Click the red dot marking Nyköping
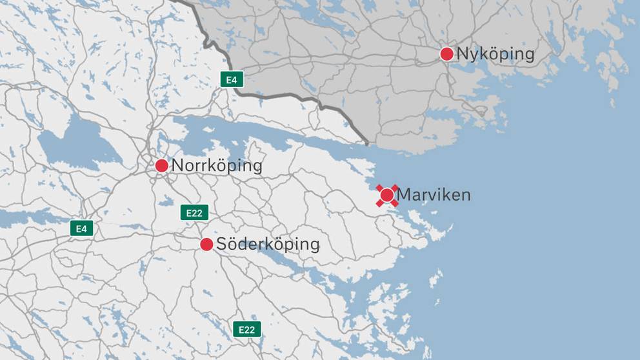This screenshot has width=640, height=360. point(446,54)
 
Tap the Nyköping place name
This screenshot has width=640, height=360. point(495,54)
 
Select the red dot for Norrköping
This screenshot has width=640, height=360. point(162,166)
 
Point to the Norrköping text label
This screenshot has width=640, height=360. point(217,166)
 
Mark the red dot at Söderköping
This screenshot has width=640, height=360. point(206,245)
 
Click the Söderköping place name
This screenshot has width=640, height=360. point(268,245)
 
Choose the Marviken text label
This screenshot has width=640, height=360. point(434,194)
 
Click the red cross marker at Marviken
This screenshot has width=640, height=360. point(387,195)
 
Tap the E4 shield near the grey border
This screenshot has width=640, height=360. point(231,79)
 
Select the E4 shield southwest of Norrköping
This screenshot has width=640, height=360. point(82,228)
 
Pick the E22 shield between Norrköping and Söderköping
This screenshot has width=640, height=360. point(194,212)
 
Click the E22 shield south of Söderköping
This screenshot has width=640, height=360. point(246,329)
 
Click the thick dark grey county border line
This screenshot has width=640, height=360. point(284,98)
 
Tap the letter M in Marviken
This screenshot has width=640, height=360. point(404,194)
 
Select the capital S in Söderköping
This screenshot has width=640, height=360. point(221,245)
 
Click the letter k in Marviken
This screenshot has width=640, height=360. point(440,194)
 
